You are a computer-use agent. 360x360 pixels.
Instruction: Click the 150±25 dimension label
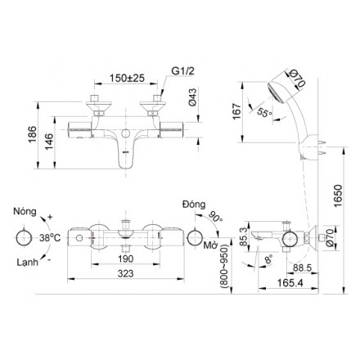tap(127, 79)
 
